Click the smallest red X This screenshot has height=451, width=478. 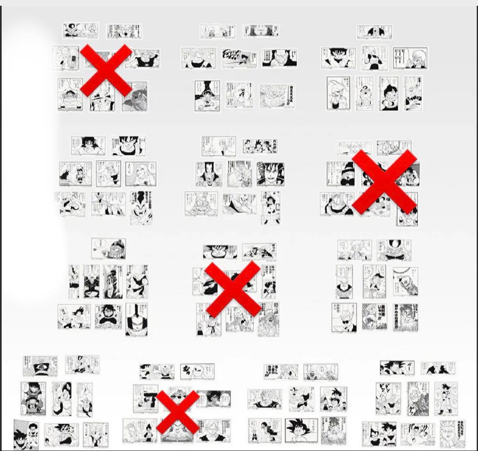[177, 412]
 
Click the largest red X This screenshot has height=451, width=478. [384, 181]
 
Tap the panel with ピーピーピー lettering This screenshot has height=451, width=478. [410, 58]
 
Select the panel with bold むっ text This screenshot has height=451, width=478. [197, 371]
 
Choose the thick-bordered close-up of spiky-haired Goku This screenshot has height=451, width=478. [301, 430]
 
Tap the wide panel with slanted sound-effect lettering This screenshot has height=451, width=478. [239, 58]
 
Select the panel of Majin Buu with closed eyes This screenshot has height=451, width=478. [338, 93]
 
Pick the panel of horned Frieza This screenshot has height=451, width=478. [393, 251]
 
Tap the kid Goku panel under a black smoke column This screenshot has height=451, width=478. [207, 95]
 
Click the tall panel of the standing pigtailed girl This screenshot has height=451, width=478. [270, 208]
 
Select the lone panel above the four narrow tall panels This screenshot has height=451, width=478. [108, 248]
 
